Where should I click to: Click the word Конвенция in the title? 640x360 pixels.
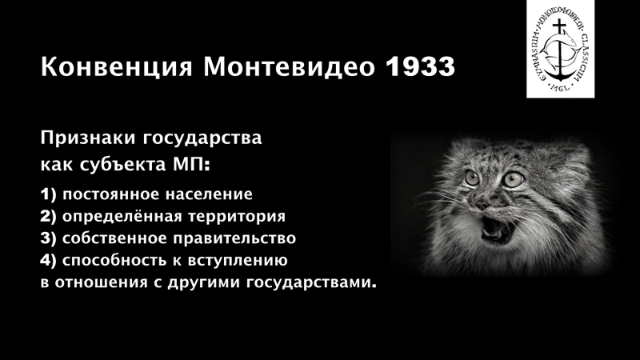116,67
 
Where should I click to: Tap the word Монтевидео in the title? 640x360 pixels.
289,66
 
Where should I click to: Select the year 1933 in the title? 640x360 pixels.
421,66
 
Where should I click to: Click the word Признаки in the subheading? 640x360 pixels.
88,138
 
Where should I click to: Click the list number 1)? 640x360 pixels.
48,194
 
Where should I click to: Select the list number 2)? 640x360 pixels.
48,216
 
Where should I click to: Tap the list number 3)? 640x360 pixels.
48,238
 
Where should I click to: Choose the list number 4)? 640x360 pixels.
48,261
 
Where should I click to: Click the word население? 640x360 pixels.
209,194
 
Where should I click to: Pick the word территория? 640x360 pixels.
237,217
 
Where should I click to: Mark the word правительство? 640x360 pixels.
234,238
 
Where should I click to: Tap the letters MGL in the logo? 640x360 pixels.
560,87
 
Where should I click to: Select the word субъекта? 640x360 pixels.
123,165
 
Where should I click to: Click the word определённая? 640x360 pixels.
122,217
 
